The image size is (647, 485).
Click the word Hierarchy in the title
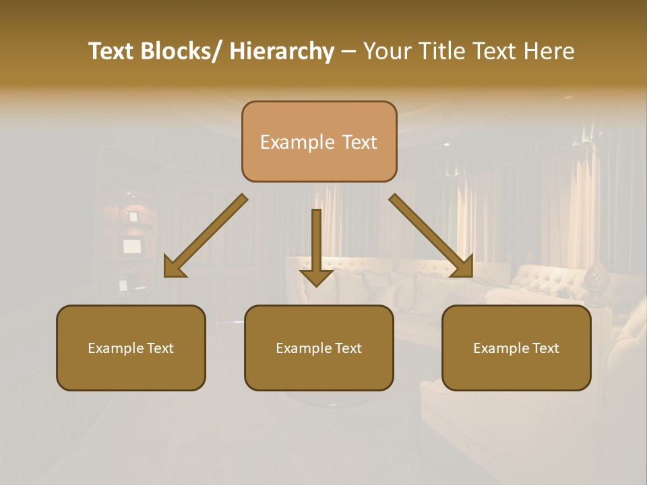pos(282,52)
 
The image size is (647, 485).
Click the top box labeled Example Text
pos(319,142)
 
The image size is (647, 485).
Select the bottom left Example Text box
pos(131,348)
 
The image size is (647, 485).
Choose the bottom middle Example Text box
pos(319,348)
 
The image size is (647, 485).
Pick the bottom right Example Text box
pos(516,348)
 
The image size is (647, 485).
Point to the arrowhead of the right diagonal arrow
pos(461,265)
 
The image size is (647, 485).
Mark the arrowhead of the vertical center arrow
pos(316,277)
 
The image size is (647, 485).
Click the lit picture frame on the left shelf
pos(132,246)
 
